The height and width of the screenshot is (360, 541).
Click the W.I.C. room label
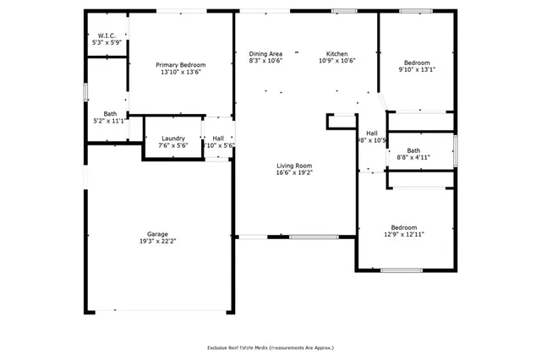(x=107, y=35)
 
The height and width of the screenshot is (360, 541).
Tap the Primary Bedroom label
(x=180, y=65)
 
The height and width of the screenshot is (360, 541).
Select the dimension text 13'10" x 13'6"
(x=180, y=73)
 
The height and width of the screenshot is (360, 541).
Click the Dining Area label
(x=265, y=53)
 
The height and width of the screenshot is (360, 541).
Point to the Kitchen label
(x=337, y=53)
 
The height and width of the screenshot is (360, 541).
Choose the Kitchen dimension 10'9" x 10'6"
(x=337, y=61)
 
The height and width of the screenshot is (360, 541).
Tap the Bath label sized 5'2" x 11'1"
(x=110, y=113)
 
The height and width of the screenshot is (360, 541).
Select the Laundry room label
(x=173, y=138)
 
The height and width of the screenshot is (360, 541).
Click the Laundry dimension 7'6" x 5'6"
(x=173, y=145)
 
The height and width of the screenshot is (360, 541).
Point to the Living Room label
(x=294, y=165)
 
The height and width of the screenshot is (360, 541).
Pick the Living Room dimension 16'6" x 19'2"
(x=294, y=172)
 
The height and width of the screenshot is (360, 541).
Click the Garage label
(x=157, y=233)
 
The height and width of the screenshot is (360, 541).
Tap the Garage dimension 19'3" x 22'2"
(x=157, y=241)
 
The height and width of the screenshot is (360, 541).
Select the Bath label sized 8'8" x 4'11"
(x=413, y=150)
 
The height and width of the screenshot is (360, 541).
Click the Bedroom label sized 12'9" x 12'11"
(x=403, y=226)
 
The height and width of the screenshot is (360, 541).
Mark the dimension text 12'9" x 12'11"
(x=403, y=234)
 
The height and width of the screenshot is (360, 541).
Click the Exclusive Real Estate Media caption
(x=270, y=347)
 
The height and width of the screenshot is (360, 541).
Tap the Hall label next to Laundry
(x=218, y=138)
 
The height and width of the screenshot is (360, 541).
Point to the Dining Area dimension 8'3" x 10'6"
(x=265, y=61)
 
